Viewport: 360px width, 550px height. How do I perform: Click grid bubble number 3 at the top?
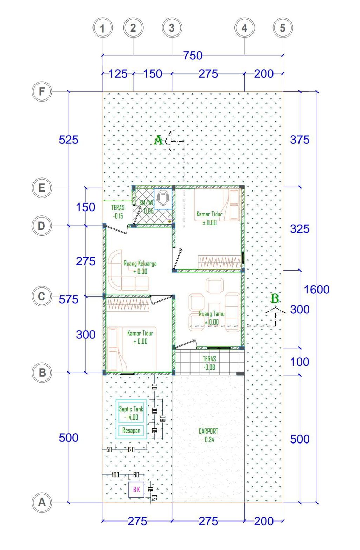[172, 28]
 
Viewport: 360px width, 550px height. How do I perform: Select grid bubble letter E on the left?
[42, 188]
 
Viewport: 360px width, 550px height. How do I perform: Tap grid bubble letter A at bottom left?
[42, 502]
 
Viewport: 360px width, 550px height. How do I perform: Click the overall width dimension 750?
[193, 56]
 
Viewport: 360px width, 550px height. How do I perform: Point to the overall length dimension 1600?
[316, 290]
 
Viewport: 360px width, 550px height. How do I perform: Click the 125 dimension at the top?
[118, 74]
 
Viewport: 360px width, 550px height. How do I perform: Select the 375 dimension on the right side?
[300, 140]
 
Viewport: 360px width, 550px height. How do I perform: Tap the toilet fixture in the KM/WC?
[162, 198]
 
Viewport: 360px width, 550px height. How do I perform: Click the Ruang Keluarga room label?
[140, 263]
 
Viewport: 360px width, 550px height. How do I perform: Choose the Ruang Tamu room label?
[211, 314]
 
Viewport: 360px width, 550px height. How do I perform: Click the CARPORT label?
[208, 431]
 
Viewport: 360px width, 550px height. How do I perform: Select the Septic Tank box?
[131, 413]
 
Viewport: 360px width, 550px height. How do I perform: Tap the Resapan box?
[131, 430]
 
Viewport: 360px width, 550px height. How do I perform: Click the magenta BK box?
[136, 489]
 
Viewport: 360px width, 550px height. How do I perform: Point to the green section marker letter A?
[158, 141]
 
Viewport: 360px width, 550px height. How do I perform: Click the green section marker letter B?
[275, 299]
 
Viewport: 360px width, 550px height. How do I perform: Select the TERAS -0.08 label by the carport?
[209, 363]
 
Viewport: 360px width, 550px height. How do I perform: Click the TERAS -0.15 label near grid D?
[118, 212]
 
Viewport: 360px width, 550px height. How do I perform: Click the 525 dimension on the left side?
[69, 140]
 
